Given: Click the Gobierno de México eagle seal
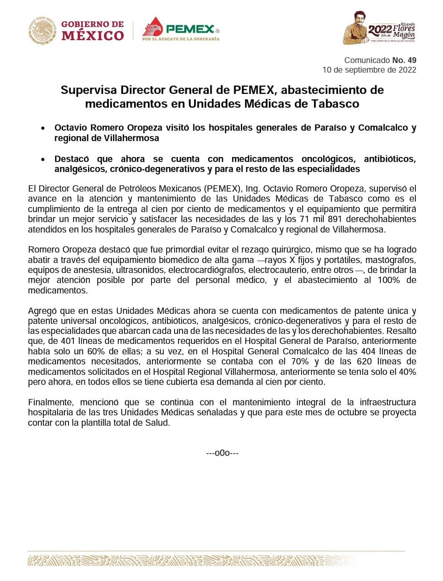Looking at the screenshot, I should click(42, 30).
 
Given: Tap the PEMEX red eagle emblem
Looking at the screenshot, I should click(153, 26).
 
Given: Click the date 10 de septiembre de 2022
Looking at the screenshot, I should click(369, 70).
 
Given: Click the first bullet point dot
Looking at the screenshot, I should click(43, 129).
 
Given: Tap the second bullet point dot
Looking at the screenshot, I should click(43, 159).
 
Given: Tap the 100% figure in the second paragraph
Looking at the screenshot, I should click(388, 280).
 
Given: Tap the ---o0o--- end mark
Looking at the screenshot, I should click(222, 453).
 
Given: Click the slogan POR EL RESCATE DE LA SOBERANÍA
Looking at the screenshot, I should click(181, 39).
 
